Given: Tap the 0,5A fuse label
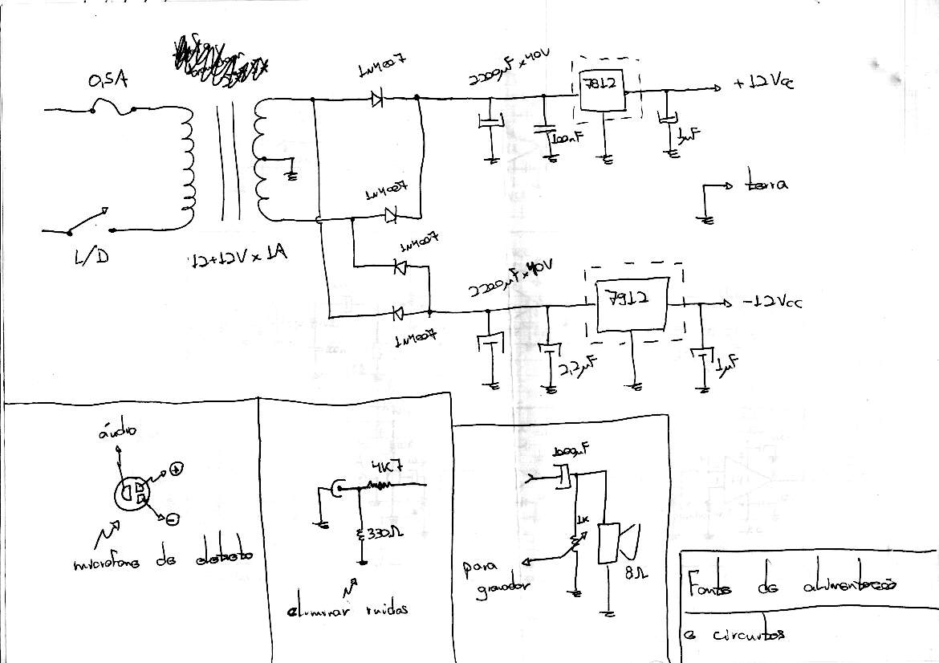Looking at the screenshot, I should pos(108,81).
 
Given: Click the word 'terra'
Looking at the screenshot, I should pos(766,185).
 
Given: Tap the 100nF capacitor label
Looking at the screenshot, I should pos(567,139).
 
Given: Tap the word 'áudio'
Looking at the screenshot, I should pos(118,431).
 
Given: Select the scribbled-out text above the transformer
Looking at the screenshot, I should pos(217,61).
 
